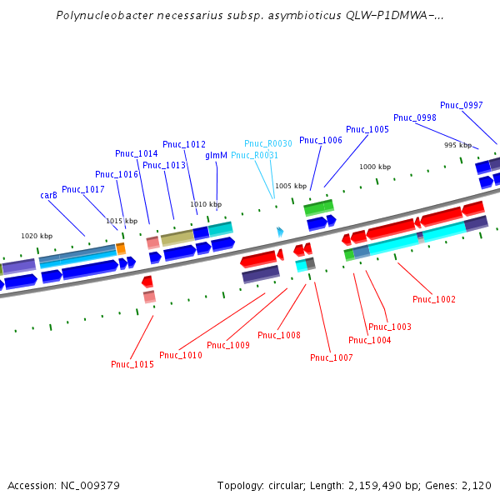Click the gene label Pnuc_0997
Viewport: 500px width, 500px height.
point(462,105)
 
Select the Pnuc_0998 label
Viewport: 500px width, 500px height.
point(415,117)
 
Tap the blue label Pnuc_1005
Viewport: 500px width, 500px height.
point(367,129)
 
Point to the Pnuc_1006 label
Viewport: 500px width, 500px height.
point(321,140)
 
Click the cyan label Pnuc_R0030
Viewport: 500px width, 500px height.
point(268,143)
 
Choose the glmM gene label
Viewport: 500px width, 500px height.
point(216,155)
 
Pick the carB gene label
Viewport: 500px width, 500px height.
point(48,195)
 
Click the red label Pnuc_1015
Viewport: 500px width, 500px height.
point(132,364)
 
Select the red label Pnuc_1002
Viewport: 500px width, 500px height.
point(434,299)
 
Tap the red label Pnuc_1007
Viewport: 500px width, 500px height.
point(332,357)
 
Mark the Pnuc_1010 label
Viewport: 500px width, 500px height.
point(181,355)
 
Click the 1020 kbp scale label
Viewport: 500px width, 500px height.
point(37,236)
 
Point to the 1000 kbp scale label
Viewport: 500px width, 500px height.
point(375,167)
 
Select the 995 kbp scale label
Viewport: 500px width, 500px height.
point(457,145)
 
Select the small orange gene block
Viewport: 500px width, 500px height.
point(121,248)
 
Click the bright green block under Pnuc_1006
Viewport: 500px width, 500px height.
point(318,207)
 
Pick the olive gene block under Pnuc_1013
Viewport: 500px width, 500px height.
point(177,237)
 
